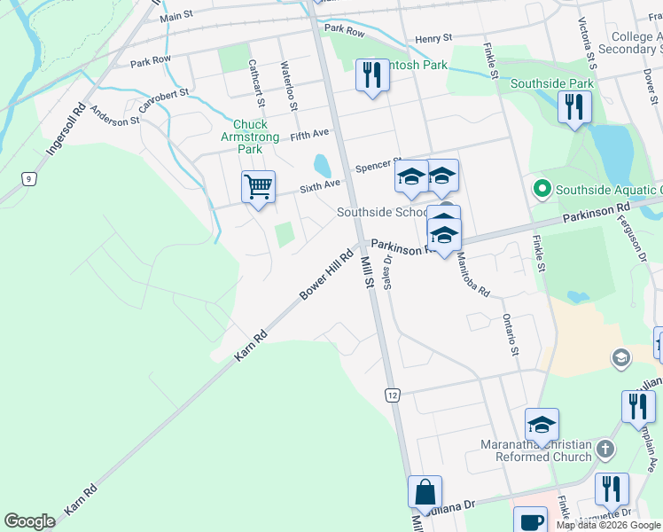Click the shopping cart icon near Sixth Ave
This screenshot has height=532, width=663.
pyautogui.click(x=258, y=187)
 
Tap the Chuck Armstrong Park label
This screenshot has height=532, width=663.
pyautogui.click(x=255, y=137)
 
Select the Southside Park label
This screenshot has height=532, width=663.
pyautogui.click(x=551, y=84)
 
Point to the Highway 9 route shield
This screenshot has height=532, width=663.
pyautogui.click(x=29, y=179)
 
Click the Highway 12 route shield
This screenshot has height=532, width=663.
pyautogui.click(x=392, y=393)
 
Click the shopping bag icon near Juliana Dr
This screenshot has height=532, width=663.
pyautogui.click(x=425, y=492)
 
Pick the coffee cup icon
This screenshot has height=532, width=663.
pyautogui.click(x=530, y=521)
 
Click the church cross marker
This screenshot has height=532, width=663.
pyautogui.click(x=605, y=448)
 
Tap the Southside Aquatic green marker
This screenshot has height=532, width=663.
pyautogui.click(x=540, y=189)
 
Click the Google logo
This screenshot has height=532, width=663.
pyautogui.click(x=29, y=521)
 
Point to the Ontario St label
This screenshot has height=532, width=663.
pyautogui.click(x=509, y=334)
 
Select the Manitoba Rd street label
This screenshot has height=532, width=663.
pyautogui.click(x=472, y=274)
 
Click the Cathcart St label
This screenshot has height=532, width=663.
pyautogui.click(x=253, y=78)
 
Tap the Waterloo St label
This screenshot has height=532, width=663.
pyautogui.click(x=288, y=85)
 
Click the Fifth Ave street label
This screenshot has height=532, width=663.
pyautogui.click(x=308, y=134)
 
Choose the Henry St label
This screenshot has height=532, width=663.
pyautogui.click(x=433, y=38)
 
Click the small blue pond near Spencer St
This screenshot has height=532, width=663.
pyautogui.click(x=322, y=166)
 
